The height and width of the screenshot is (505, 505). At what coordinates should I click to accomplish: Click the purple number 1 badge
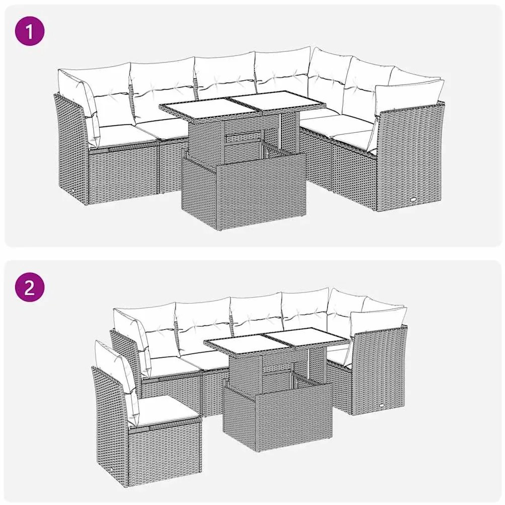29,32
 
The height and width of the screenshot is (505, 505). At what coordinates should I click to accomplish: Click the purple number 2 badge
29,287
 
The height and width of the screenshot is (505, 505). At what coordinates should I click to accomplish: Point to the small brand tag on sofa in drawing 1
414,199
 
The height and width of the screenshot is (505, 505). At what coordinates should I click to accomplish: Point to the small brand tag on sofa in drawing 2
384,403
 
